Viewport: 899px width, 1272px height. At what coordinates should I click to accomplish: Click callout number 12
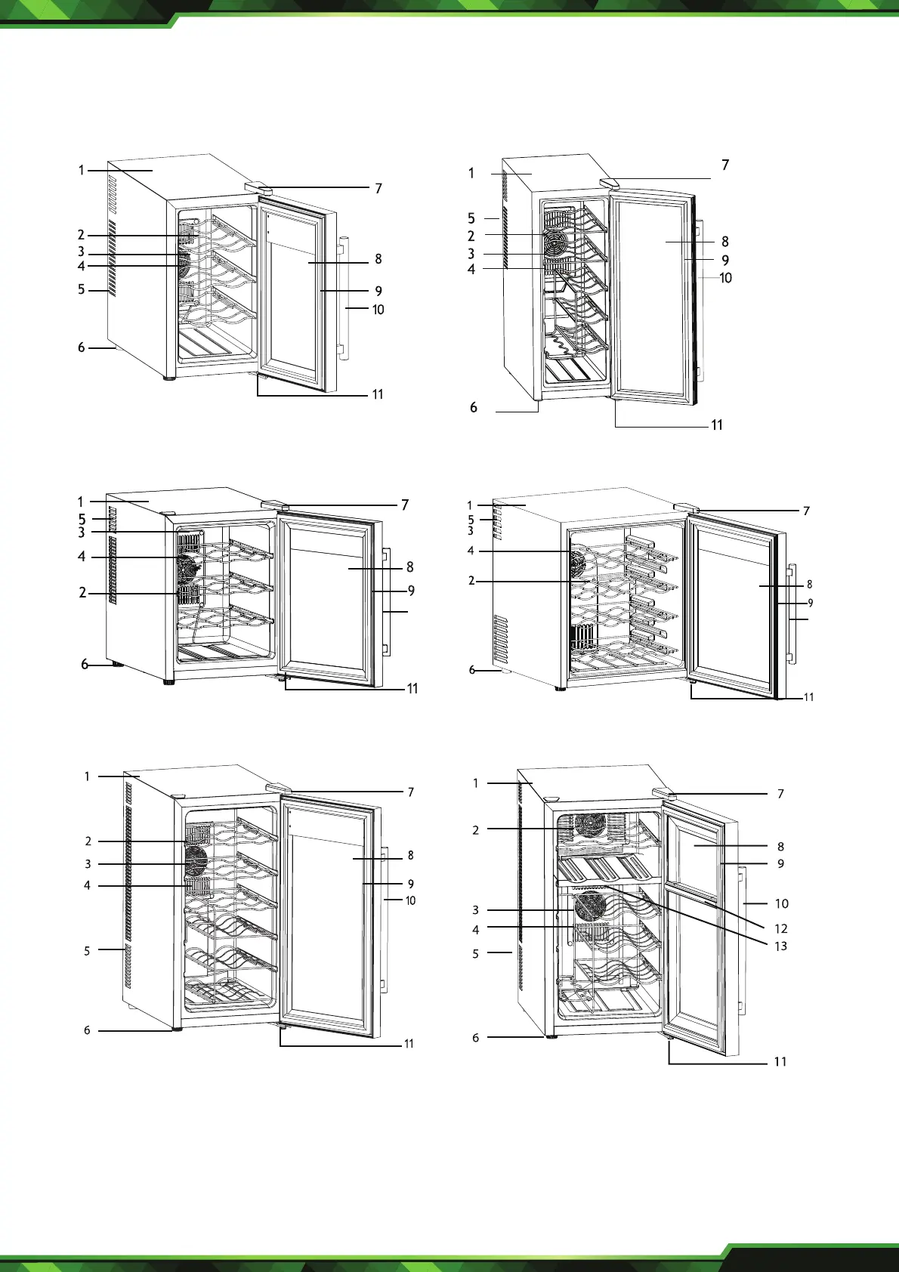point(780,928)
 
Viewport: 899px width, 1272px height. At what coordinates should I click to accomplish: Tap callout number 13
point(780,946)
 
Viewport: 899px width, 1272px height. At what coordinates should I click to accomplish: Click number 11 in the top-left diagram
point(378,394)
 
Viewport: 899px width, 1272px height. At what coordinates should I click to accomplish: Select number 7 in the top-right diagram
point(725,165)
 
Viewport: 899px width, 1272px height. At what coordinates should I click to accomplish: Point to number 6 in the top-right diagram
point(474,408)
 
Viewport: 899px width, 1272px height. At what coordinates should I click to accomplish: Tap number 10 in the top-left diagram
point(378,310)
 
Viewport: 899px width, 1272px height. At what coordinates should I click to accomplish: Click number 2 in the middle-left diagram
point(82,593)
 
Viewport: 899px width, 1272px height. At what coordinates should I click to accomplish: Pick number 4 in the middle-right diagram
point(471,551)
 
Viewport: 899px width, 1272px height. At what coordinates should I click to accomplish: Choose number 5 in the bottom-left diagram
point(87,951)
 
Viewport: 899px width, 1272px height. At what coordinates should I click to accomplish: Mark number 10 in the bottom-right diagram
point(781,903)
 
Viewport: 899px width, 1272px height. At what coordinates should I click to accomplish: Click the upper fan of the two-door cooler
point(590,825)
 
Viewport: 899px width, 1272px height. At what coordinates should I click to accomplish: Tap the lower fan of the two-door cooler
point(590,906)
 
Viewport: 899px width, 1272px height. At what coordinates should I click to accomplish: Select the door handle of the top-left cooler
point(344,298)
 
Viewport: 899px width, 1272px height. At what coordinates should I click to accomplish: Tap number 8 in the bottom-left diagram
point(410,855)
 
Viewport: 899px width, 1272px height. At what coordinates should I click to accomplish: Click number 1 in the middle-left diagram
point(81,502)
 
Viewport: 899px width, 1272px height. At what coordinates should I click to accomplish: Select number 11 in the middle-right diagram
point(808,697)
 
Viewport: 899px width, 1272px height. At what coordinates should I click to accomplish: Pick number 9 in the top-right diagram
point(725,261)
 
